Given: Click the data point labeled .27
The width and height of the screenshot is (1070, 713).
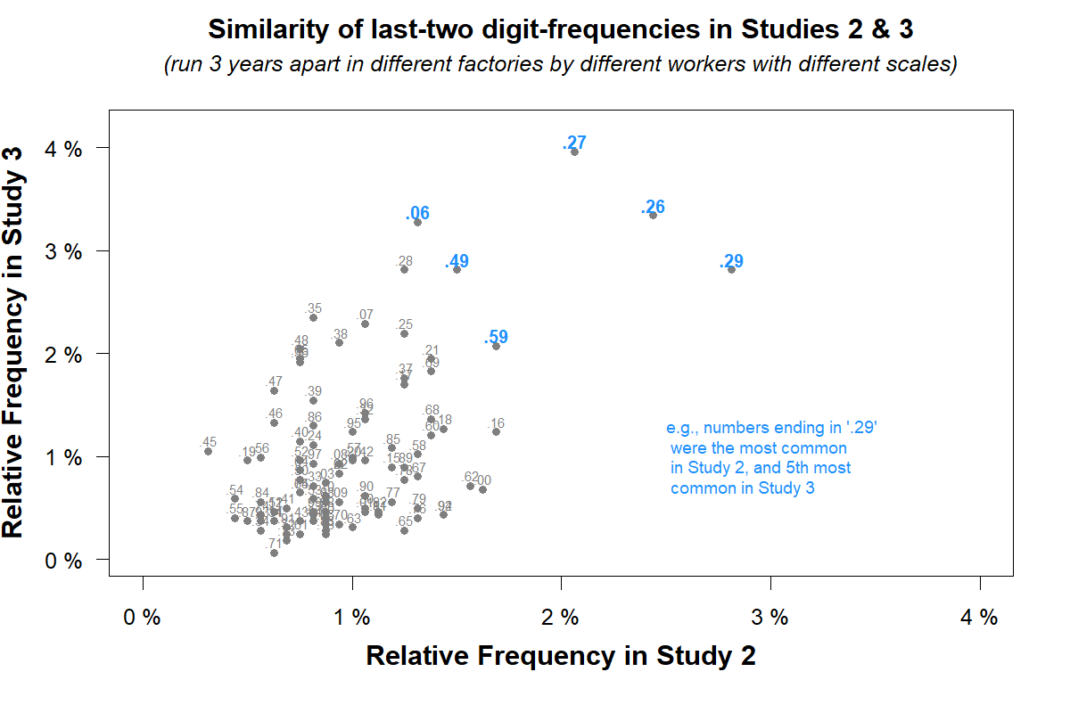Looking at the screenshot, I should point(574,152).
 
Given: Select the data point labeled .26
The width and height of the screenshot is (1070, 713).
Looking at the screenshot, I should point(653,215).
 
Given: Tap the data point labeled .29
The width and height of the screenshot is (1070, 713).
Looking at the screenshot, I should point(731,269).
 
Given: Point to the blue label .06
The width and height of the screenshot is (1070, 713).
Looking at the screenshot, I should point(417,213).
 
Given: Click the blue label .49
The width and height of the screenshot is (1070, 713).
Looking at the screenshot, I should point(457,261).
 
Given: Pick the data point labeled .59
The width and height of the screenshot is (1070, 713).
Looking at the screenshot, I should point(496,346).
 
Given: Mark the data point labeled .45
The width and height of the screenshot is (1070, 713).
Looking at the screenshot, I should point(208,451).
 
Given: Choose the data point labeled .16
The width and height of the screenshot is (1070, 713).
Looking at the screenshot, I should point(496,431).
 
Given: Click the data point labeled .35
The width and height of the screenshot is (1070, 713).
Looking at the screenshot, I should point(313,317).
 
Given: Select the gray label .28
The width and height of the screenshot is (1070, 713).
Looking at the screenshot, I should point(405,261).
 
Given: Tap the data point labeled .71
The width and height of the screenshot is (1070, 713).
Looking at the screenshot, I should point(274,553).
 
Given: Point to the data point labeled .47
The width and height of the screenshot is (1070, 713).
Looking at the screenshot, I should point(274,390).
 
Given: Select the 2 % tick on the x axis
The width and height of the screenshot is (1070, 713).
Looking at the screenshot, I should point(561,618).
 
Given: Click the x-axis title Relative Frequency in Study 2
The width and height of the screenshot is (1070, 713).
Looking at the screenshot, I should point(561,656).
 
